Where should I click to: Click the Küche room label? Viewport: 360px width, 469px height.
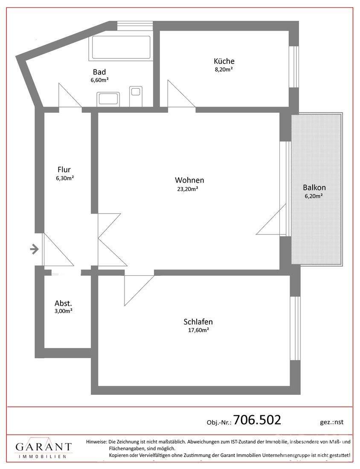point(224,61)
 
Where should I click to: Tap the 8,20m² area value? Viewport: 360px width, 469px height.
point(224,69)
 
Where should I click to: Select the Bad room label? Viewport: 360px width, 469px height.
point(99,72)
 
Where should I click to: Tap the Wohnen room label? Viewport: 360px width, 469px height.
point(189,180)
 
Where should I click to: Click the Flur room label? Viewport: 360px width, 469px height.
point(64,170)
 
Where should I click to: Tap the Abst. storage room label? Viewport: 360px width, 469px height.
point(63,303)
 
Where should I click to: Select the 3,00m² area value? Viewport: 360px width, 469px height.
point(63,311)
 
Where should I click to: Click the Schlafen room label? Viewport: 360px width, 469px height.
point(198,322)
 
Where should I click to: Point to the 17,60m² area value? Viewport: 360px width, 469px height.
point(198,330)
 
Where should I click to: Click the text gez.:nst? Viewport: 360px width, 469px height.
point(331,422)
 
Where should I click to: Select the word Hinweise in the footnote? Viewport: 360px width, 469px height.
point(96,442)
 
